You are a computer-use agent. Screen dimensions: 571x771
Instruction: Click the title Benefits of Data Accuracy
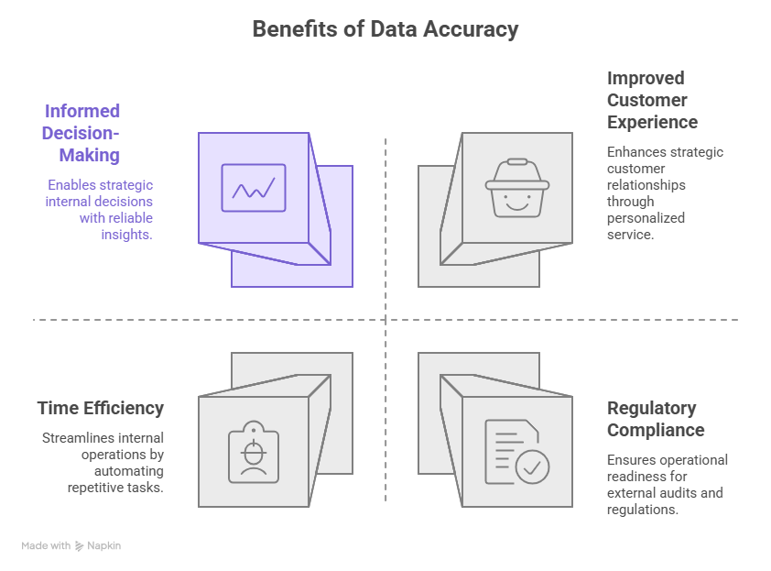[385, 29]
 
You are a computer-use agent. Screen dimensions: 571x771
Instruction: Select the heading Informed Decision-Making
[82, 133]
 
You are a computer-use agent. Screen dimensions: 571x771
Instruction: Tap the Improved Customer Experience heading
[652, 100]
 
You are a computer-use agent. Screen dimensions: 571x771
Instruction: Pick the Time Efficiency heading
[101, 408]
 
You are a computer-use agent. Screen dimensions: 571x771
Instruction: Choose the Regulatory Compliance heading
[656, 419]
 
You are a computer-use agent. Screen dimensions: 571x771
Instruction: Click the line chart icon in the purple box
[254, 188]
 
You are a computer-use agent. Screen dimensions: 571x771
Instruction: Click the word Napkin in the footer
[104, 545]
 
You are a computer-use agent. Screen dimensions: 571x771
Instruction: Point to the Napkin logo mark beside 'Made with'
[80, 545]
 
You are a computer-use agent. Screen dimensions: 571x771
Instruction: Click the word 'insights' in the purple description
[126, 235]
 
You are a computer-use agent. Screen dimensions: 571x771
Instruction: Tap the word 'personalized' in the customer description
[646, 218]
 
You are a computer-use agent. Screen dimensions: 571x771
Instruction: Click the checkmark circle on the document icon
[532, 466]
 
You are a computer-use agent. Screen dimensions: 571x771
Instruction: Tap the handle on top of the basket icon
[517, 162]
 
